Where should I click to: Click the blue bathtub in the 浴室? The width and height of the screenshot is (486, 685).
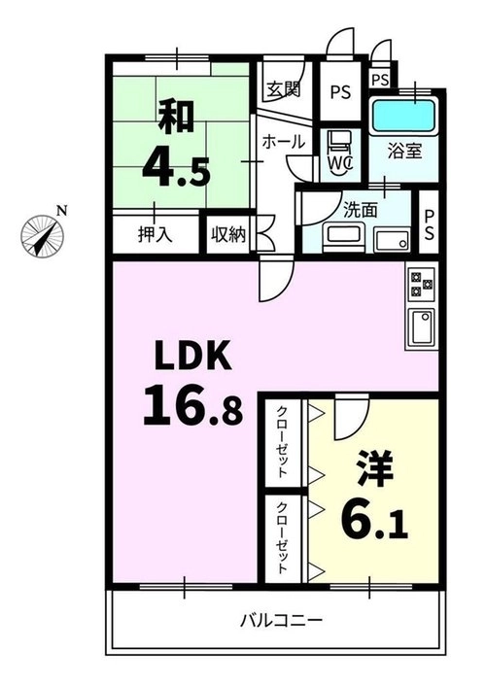point(403,116)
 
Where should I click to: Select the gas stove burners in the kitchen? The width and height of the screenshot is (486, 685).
point(421,284)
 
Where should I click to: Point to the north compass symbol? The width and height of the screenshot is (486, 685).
point(44,235)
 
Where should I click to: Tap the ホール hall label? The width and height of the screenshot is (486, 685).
point(283,142)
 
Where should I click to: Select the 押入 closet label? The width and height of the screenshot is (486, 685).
point(156,235)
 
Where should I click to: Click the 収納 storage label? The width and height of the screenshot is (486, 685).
point(228,235)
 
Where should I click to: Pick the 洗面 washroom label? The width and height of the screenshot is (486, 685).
point(361,211)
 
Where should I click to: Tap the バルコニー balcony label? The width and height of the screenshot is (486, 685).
point(282,620)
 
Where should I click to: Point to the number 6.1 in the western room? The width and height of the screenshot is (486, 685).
point(374,517)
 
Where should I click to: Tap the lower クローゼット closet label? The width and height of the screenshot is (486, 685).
point(283,537)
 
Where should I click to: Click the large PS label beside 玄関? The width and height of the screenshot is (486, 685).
point(340,92)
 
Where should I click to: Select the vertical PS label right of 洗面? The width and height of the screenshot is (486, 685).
point(429,225)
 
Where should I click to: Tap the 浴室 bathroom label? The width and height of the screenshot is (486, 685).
point(405,151)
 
